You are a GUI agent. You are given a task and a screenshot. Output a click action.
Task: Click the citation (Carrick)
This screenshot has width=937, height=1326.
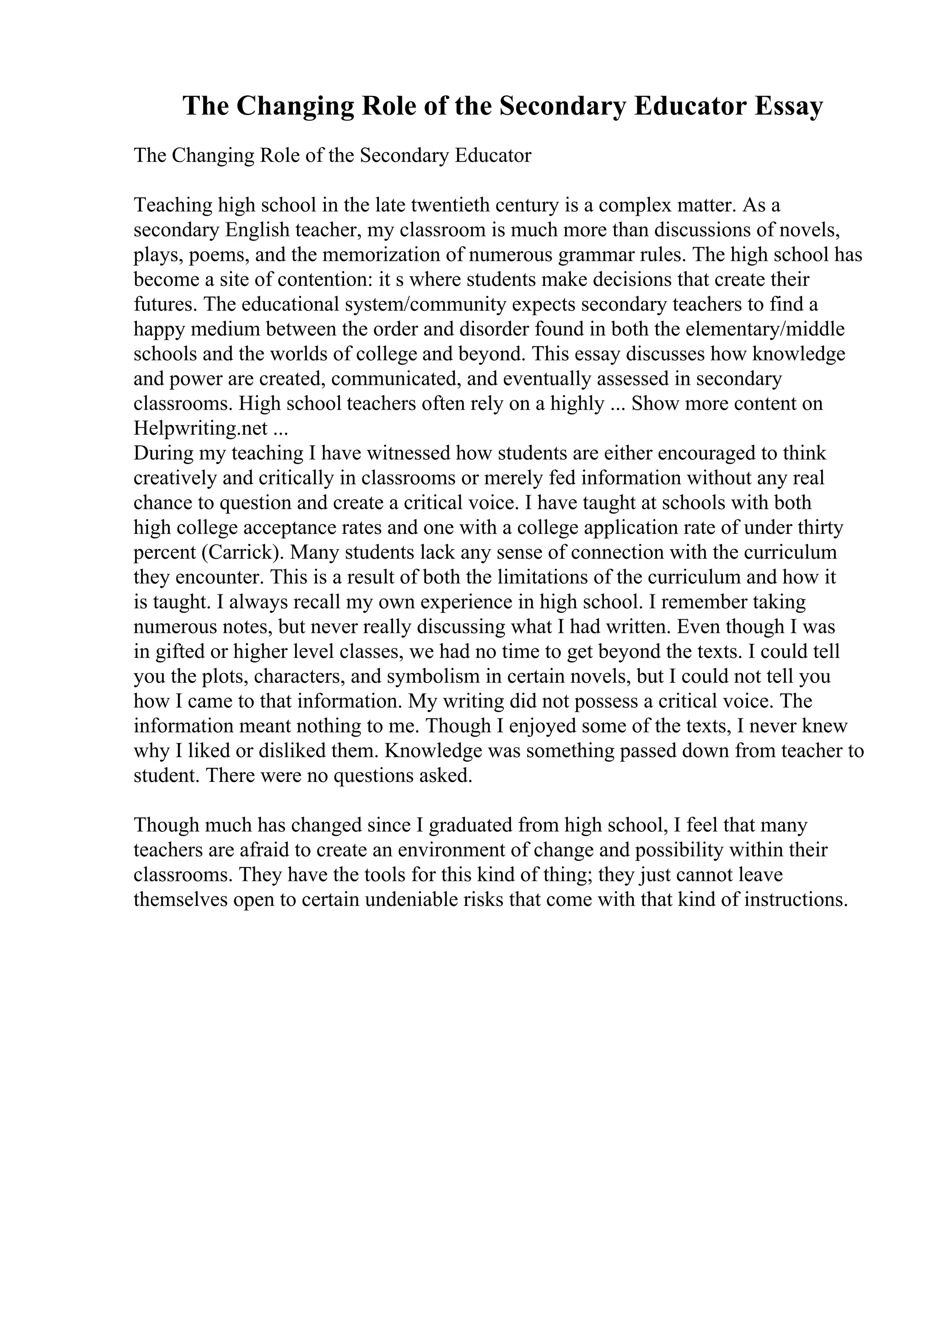[243, 553]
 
